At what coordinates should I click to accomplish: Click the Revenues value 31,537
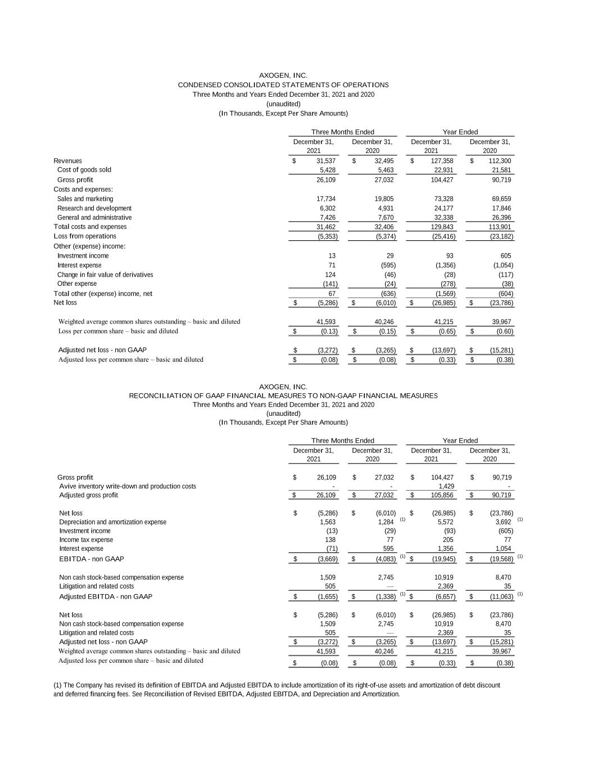tap(326, 161)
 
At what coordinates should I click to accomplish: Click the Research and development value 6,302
tap(327, 208)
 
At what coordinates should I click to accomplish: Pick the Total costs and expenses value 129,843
tap(442, 227)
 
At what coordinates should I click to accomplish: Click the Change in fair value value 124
tap(331, 275)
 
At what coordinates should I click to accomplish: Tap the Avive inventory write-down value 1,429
tap(446, 486)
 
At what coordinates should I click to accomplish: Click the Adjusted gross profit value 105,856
tap(442, 495)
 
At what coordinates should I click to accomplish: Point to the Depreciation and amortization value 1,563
tap(327, 522)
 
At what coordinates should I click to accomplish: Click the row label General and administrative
tap(94, 218)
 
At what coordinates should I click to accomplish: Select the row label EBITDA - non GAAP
tap(92, 559)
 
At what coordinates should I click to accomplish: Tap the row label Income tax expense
tap(86, 540)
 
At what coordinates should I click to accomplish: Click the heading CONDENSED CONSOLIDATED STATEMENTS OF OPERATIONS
tap(283, 85)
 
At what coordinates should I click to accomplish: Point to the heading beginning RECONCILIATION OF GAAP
tap(283, 396)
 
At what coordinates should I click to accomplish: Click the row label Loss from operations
tap(85, 236)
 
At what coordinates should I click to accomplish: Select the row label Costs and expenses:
tap(83, 189)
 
